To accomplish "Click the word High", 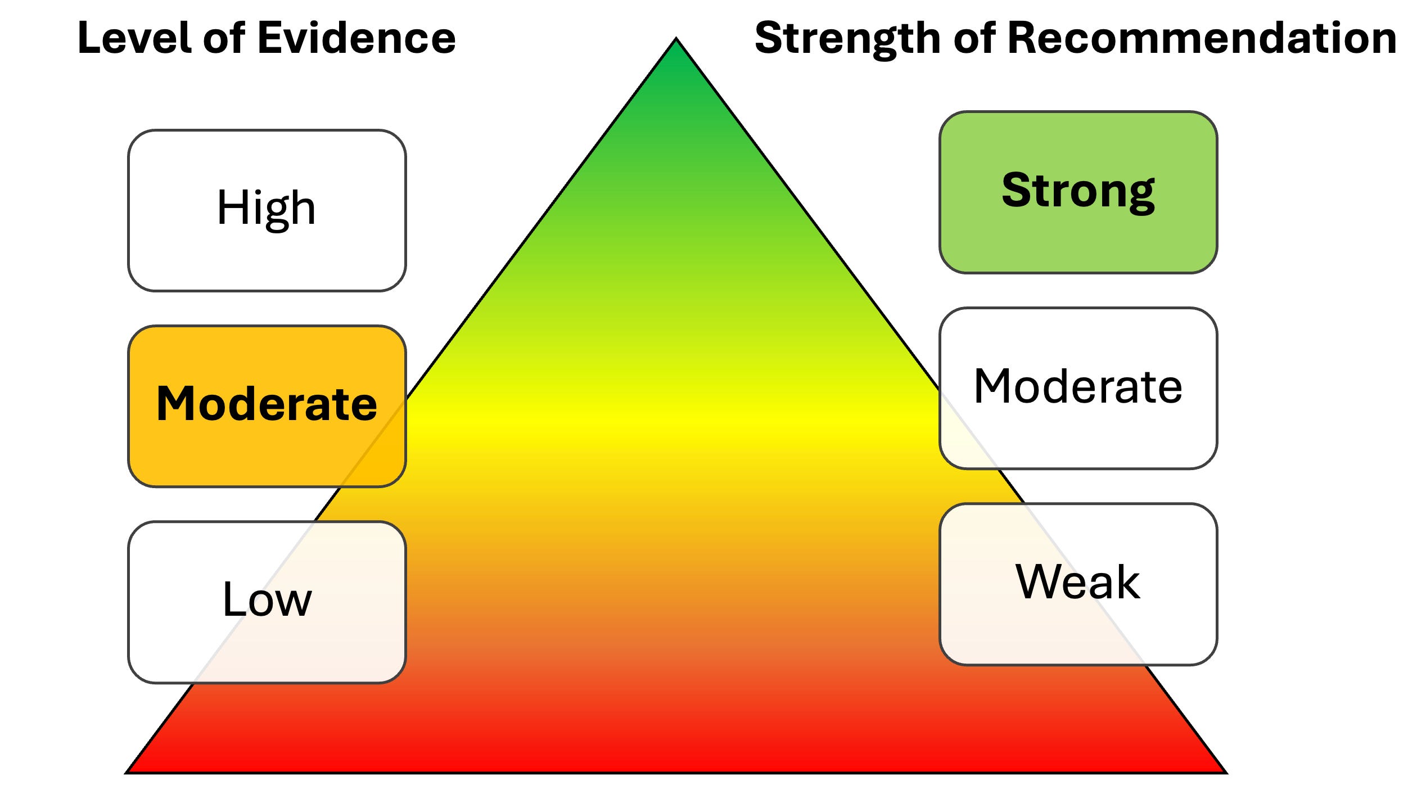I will click(267, 208).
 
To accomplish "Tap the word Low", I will click(267, 599).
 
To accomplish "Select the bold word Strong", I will click(1078, 191).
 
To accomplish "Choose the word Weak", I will click(1078, 581).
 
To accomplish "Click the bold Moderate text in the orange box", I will click(267, 403).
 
